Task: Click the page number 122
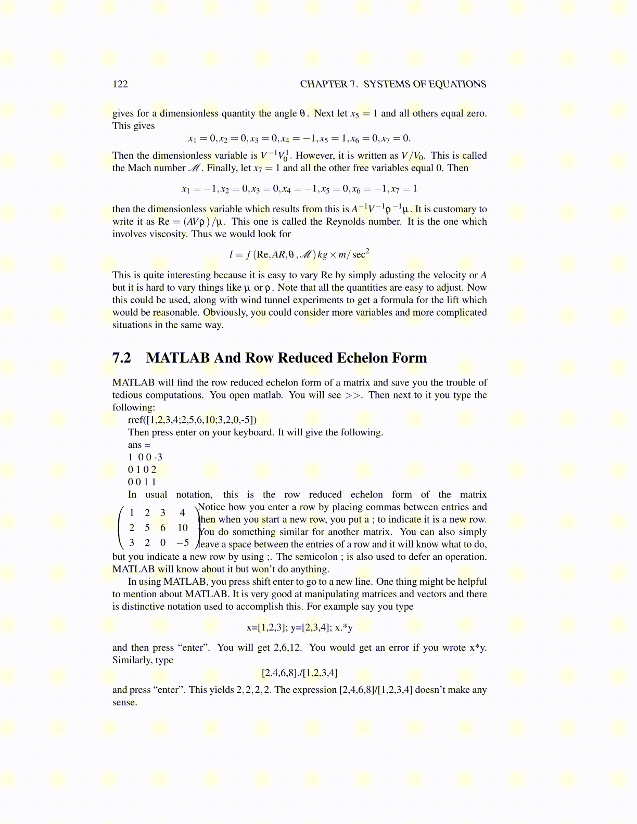120,84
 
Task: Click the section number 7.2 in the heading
122,358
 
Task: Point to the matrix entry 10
182,527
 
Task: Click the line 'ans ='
139,445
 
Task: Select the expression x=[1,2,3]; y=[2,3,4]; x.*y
299,627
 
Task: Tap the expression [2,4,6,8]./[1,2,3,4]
299,673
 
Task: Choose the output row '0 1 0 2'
142,470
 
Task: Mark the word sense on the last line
124,702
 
